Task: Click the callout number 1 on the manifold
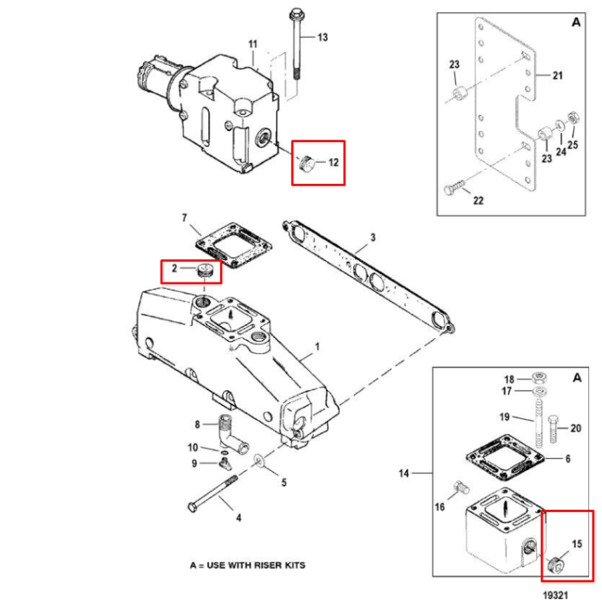coord(316,348)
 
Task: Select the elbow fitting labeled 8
coord(229,433)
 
